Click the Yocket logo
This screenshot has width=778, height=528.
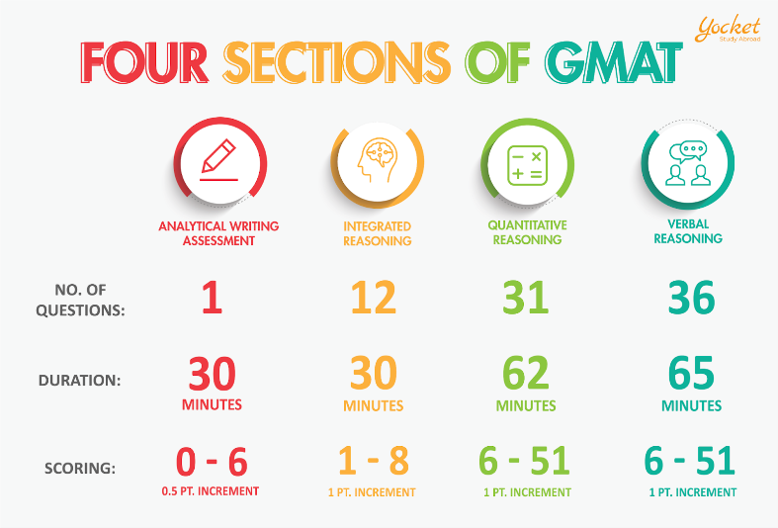(x=728, y=29)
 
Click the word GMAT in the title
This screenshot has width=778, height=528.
(x=614, y=62)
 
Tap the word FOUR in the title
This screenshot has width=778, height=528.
(x=144, y=62)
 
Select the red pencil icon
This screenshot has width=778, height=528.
(x=219, y=160)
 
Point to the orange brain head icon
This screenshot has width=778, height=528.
(x=378, y=160)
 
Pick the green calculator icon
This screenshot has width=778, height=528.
(x=528, y=165)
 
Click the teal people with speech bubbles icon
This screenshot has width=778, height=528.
(x=688, y=163)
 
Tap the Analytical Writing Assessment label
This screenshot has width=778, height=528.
(x=218, y=233)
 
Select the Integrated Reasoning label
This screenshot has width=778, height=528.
(x=377, y=233)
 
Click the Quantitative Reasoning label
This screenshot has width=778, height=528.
(x=528, y=232)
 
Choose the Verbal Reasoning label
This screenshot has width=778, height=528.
(x=688, y=231)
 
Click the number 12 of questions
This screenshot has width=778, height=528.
(x=374, y=298)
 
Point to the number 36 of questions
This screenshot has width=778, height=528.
(x=692, y=298)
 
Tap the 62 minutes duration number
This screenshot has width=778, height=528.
(x=526, y=373)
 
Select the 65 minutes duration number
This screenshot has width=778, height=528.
(x=691, y=373)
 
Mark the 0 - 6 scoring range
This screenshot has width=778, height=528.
(x=212, y=462)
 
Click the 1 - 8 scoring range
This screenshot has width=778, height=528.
(x=374, y=461)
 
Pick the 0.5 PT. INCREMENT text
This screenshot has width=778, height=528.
(x=211, y=491)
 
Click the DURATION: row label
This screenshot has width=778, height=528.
(x=79, y=381)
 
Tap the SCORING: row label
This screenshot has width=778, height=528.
(x=80, y=468)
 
